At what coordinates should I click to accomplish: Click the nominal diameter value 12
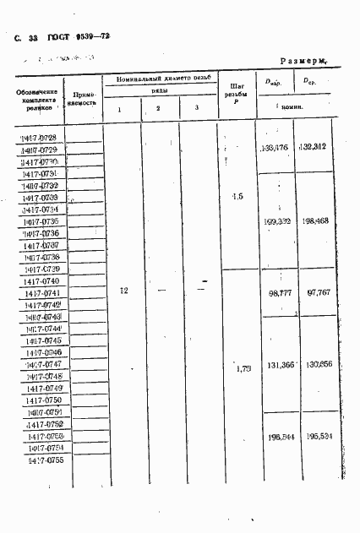point(123,291)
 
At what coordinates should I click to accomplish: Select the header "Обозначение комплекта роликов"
point(39,99)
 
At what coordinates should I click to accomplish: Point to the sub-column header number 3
point(196,108)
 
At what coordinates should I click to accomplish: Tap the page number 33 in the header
point(34,37)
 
